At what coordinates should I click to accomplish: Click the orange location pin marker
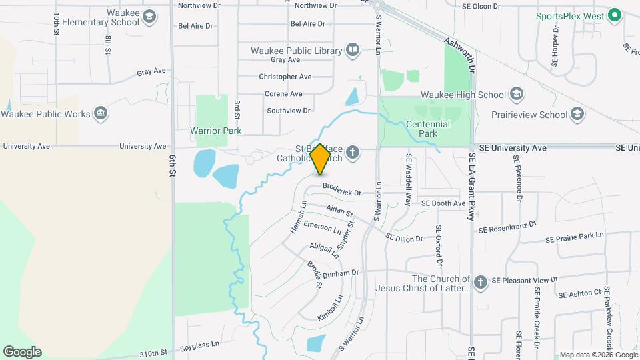(x=320, y=159)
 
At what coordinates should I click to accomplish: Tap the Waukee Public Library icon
(x=353, y=50)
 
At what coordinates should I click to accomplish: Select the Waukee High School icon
(x=516, y=94)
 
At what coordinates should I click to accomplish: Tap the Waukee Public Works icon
(x=101, y=113)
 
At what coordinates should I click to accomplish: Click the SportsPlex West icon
(x=614, y=15)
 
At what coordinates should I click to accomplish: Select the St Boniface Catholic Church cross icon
(x=353, y=154)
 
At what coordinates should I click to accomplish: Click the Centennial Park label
(x=427, y=129)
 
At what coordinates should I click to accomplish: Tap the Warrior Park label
(x=215, y=131)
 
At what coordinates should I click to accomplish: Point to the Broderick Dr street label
(x=341, y=192)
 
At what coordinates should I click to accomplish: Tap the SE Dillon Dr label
(x=404, y=236)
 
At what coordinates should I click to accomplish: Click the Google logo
(x=22, y=351)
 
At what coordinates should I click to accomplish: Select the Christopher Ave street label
(x=285, y=77)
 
